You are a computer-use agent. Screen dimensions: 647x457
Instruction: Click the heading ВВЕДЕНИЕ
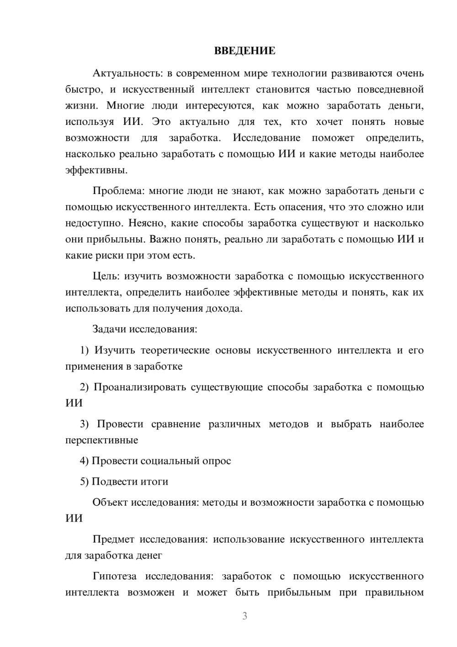[x=244, y=51]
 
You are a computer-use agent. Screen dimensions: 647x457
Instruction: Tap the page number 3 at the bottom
[x=244, y=616]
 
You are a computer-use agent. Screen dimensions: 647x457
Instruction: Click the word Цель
[x=106, y=276]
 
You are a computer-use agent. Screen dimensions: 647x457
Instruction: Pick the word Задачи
[x=110, y=329]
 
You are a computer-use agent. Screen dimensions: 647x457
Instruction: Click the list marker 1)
[x=85, y=350]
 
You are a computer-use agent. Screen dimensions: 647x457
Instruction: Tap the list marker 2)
[x=85, y=387]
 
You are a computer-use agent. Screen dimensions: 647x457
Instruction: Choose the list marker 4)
[x=85, y=461]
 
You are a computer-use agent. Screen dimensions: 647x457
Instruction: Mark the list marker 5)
[x=85, y=481]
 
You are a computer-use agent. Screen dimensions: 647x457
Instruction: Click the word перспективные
[x=101, y=440]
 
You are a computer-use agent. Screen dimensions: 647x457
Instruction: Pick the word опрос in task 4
[x=216, y=461]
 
